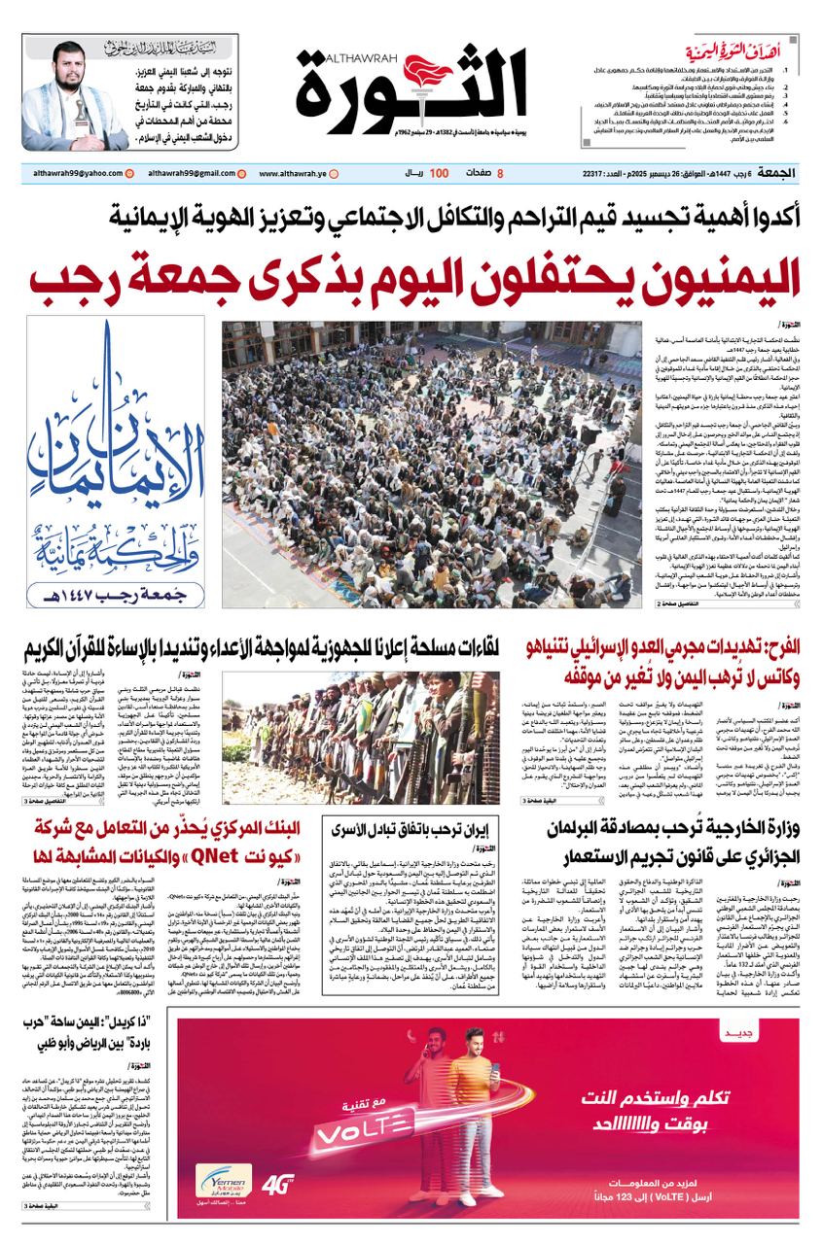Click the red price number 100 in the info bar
click(x=439, y=173)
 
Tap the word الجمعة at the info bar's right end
click(x=775, y=173)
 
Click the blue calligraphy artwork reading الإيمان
click(x=116, y=447)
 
